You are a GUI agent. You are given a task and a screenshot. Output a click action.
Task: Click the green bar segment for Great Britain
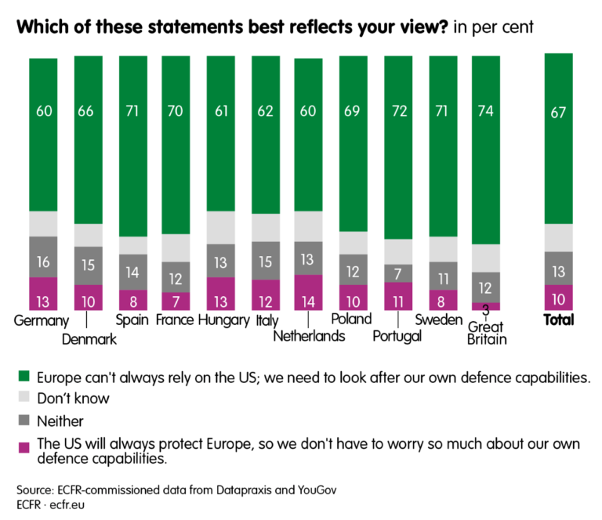(x=485, y=149)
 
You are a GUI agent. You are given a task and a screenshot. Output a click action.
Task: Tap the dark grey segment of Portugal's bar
(x=398, y=273)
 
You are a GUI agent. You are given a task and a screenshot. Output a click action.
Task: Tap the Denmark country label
(x=89, y=339)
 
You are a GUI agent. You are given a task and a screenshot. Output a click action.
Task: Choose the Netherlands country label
(x=308, y=337)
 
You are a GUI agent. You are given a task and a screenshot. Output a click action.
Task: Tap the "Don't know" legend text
(x=73, y=399)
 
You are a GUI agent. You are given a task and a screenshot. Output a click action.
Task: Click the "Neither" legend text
(x=61, y=421)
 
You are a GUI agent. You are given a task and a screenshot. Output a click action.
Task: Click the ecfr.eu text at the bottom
(x=70, y=504)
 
